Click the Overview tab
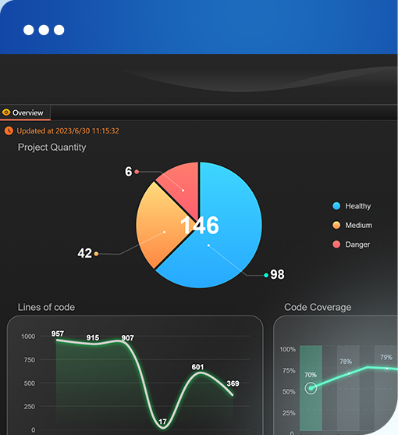(x=25, y=112)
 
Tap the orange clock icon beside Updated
(x=9, y=130)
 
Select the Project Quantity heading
(x=52, y=148)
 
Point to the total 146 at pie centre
(x=200, y=225)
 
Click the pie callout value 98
(x=277, y=274)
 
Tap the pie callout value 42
(x=84, y=253)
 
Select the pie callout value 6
(x=128, y=172)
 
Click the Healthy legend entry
(x=352, y=206)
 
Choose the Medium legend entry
(x=352, y=225)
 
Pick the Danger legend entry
(x=351, y=244)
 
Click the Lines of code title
(x=46, y=307)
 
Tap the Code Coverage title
(x=318, y=307)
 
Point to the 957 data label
(x=58, y=333)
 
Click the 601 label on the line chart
(x=197, y=367)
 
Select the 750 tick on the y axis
(x=30, y=360)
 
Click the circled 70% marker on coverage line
(x=311, y=388)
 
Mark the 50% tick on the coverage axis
(x=289, y=392)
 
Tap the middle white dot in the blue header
(x=44, y=30)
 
